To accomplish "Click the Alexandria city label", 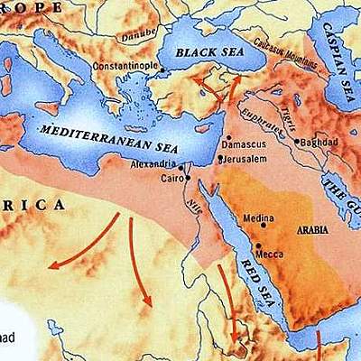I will [153, 167].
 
